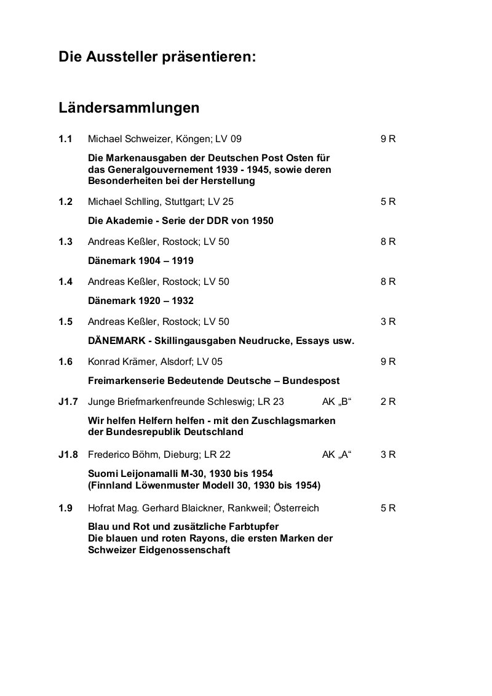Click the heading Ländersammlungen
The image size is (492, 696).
[129, 108]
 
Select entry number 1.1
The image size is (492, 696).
[66, 139]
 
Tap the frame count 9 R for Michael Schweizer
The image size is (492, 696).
[388, 139]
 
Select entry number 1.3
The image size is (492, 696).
[66, 241]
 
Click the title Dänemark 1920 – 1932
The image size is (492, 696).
[141, 301]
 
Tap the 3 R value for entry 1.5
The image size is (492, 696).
[388, 321]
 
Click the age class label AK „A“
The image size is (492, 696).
[336, 455]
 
